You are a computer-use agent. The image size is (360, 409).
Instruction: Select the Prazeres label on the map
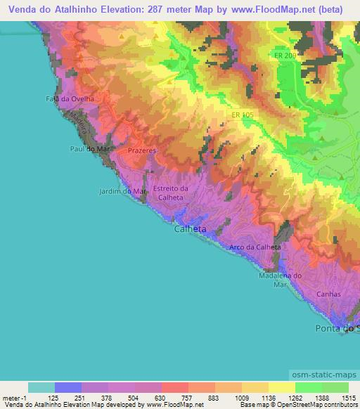click(x=142, y=151)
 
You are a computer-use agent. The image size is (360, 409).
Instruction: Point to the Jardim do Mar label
click(x=121, y=190)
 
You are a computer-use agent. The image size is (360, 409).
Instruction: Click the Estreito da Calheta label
click(x=172, y=193)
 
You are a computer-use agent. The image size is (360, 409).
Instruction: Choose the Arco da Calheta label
click(x=255, y=247)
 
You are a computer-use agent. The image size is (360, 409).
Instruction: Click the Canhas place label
click(x=328, y=294)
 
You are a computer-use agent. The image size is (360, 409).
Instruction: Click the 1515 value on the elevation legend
click(x=349, y=398)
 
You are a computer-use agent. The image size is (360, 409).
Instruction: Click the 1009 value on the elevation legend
click(x=241, y=398)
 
